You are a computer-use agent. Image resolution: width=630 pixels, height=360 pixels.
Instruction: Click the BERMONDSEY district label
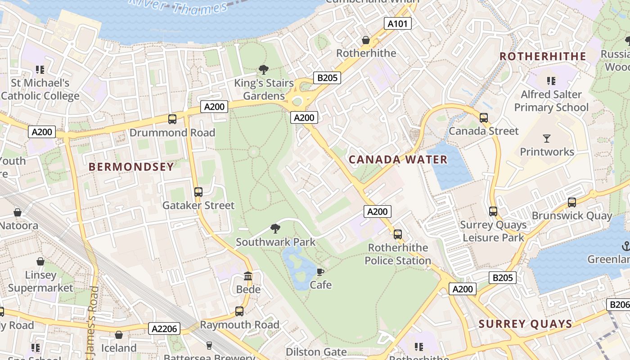point(131,167)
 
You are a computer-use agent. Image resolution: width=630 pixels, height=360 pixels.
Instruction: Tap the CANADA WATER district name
point(398,160)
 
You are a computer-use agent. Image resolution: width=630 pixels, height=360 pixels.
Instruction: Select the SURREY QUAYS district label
point(525,324)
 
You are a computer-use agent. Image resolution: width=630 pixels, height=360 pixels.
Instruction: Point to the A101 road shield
point(398,23)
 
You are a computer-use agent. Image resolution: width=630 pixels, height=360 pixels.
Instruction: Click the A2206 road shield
point(164,329)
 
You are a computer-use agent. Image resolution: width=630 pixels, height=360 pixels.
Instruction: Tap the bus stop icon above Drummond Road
point(172,119)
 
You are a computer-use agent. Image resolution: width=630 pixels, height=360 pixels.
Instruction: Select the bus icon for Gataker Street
point(198,192)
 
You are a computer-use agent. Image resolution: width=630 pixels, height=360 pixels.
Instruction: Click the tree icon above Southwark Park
point(275,229)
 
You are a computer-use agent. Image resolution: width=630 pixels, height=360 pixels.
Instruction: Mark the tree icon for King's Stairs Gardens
point(264,70)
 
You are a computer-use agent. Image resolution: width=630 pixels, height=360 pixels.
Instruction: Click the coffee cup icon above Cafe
point(320,272)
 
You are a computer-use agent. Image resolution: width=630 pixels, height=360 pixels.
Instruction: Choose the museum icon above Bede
point(248,276)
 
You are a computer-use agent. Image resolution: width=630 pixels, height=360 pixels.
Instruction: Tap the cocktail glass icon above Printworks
point(547,138)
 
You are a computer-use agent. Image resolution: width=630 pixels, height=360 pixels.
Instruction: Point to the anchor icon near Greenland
point(625,246)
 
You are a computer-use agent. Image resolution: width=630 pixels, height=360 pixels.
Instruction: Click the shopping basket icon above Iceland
point(119,335)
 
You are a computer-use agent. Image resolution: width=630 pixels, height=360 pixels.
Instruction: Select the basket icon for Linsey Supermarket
point(40,261)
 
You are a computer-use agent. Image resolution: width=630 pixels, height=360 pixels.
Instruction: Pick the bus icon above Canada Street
point(484,118)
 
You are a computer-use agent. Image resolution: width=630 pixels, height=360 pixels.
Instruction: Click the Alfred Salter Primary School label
point(551,101)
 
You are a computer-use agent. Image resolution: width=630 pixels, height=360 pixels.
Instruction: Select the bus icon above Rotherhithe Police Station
point(397,234)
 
